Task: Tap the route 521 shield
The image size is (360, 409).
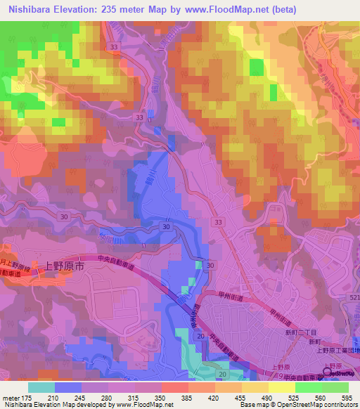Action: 354,299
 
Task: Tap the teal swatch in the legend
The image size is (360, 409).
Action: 41,387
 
